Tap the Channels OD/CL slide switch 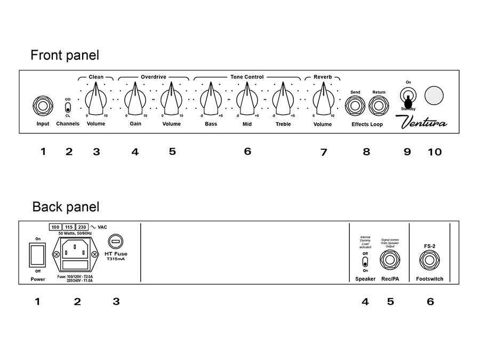(x=68, y=105)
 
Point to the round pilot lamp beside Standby (x=434, y=96)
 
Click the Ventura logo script (x=424, y=123)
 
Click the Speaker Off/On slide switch (x=365, y=262)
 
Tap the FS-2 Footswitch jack (x=430, y=261)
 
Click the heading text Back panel (x=66, y=207)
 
